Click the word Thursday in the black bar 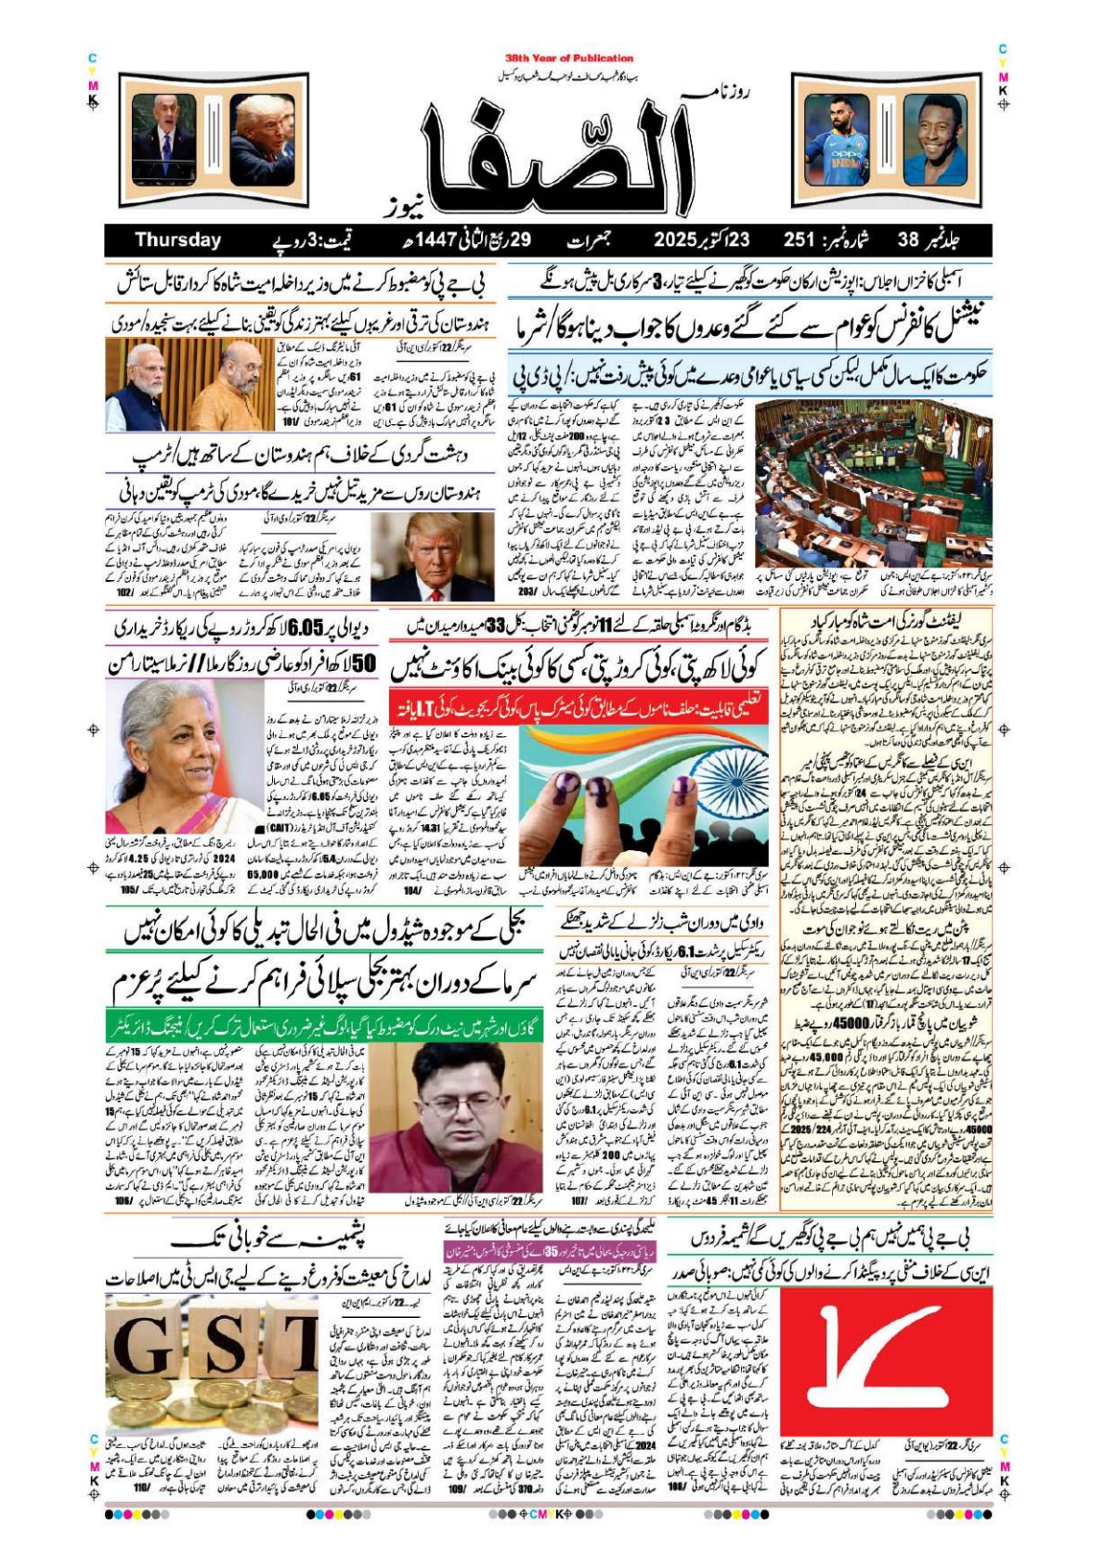177,240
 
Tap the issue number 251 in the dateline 799,240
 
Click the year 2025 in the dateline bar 681,240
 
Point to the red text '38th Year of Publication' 569,58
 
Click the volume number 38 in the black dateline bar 907,240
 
